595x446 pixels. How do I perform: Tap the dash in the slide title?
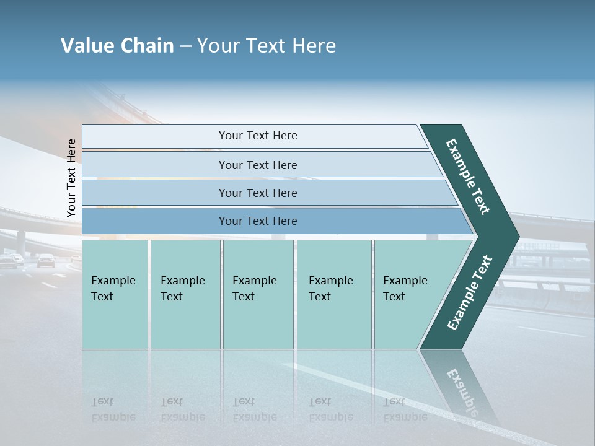tap(185, 46)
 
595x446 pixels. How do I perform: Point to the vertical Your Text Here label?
tap(71, 178)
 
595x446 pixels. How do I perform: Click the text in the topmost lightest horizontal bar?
tap(258, 136)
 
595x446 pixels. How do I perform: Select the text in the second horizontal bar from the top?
tap(258, 165)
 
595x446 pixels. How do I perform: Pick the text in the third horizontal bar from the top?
tap(258, 193)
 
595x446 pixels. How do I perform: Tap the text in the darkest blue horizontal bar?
tap(258, 221)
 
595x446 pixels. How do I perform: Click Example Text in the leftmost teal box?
tap(113, 288)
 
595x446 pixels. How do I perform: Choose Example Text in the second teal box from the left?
tap(182, 288)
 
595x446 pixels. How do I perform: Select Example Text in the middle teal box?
tap(254, 288)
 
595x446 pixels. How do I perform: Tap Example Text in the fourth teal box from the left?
tap(330, 288)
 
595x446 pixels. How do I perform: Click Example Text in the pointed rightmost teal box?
tap(405, 288)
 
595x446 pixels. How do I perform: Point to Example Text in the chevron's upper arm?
tap(468, 177)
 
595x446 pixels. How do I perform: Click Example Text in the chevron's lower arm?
tap(469, 293)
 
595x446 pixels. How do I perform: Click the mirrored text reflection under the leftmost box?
tap(113, 409)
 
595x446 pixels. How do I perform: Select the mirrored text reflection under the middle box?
tap(254, 409)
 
